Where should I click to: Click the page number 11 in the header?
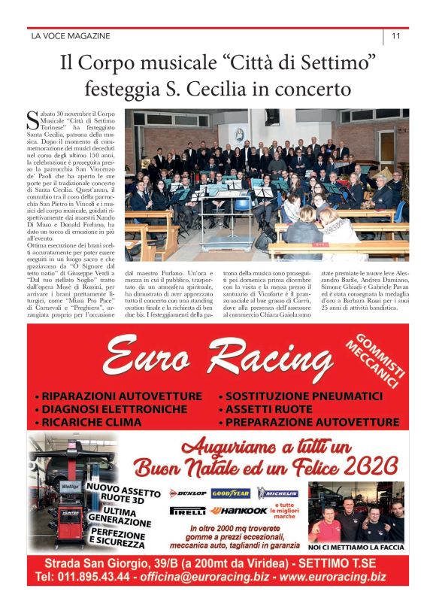point(395,35)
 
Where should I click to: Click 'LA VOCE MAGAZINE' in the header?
point(71,36)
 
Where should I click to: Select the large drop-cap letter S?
point(32,119)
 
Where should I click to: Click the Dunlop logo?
point(187,493)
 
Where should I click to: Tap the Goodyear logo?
point(231,493)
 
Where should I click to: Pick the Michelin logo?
point(277,493)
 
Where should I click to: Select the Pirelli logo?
point(188,510)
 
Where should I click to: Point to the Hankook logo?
point(238,510)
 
